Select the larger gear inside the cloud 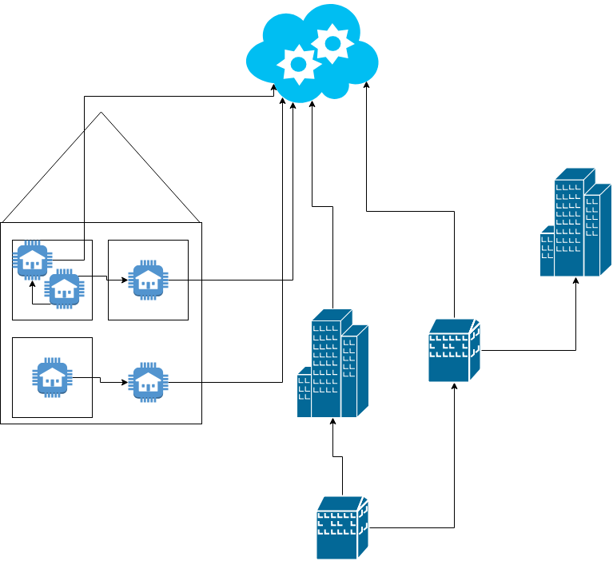pyautogui.click(x=331, y=43)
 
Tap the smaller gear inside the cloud pyautogui.click(x=298, y=63)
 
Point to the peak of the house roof pyautogui.click(x=101, y=113)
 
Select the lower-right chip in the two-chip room pyautogui.click(x=63, y=288)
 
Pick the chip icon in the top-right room pyautogui.click(x=148, y=280)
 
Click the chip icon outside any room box pyautogui.click(x=147, y=382)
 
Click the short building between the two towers pyautogui.click(x=454, y=350)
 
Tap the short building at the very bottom pyautogui.click(x=342, y=527)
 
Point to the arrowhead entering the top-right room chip pyautogui.click(x=125, y=280)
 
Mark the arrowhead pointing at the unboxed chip pyautogui.click(x=125, y=383)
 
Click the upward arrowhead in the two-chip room pyautogui.click(x=33, y=282)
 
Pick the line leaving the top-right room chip pyautogui.click(x=184, y=280)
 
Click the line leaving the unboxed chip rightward pyautogui.click(x=184, y=383)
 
